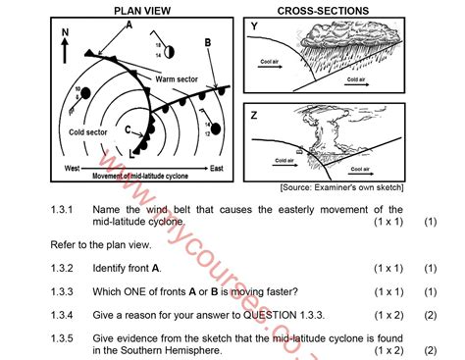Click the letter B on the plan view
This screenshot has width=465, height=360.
(208, 43)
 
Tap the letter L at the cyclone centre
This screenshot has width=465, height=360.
(132, 152)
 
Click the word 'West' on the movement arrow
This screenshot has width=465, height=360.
(72, 169)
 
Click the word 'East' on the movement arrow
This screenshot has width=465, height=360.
(217, 169)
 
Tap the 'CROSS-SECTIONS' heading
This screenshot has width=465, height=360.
(323, 10)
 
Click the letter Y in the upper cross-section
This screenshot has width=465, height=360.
(254, 26)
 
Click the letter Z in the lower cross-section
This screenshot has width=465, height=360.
(254, 116)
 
